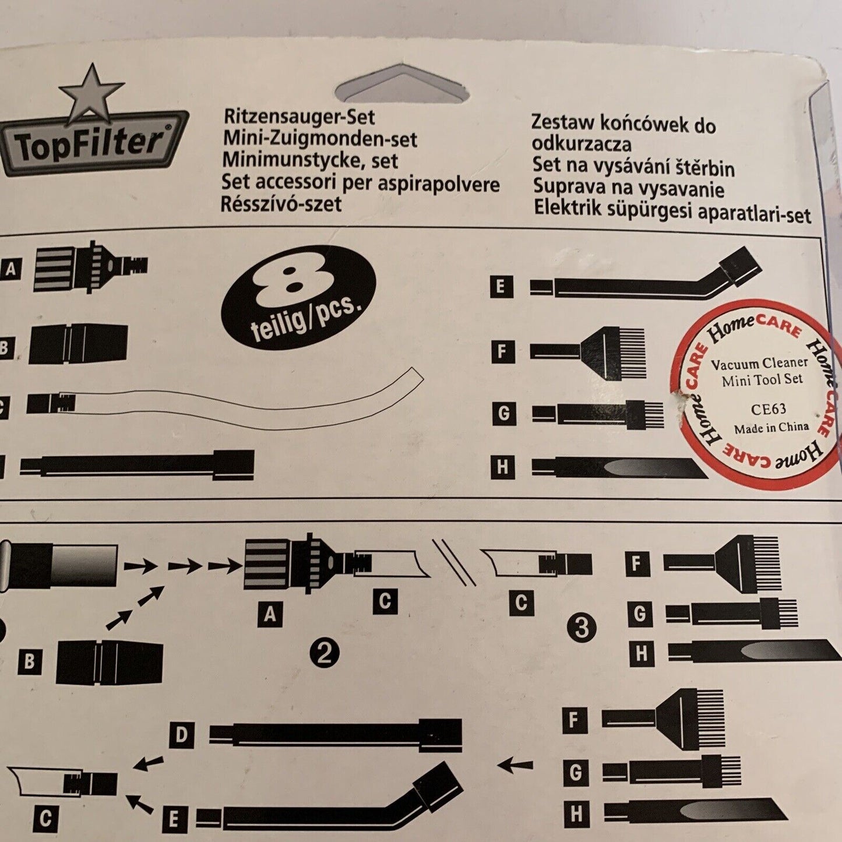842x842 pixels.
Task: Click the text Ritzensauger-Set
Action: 300,118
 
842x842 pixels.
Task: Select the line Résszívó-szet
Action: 281,204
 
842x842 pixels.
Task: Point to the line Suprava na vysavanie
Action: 629,188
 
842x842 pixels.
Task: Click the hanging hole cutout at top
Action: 403,84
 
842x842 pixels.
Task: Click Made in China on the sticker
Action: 771,427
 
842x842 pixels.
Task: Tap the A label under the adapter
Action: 270,615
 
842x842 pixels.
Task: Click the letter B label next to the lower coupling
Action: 30,661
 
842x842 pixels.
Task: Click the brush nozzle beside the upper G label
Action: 598,413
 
